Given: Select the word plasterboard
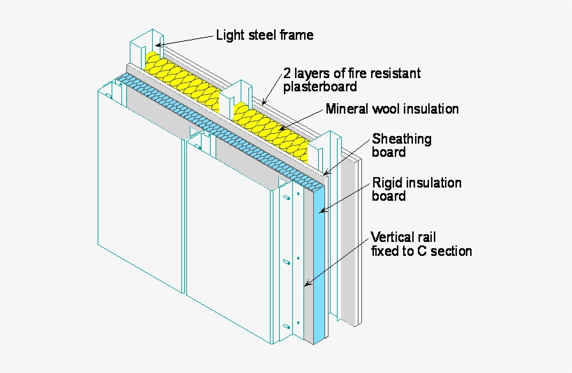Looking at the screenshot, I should pyautogui.click(x=319, y=87).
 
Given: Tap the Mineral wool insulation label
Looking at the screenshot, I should pyautogui.click(x=392, y=109).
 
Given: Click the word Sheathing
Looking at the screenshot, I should pyautogui.click(x=401, y=139).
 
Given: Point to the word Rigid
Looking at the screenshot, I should pyautogui.click(x=386, y=183).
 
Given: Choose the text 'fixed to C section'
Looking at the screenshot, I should pyautogui.click(x=421, y=251).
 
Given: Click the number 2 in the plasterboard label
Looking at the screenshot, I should pyautogui.click(x=287, y=73).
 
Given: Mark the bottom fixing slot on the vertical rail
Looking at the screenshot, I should pyautogui.click(x=285, y=326).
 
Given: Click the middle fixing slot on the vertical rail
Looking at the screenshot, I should pyautogui.click(x=285, y=263).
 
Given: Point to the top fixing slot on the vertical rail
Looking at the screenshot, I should pyautogui.click(x=285, y=198).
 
